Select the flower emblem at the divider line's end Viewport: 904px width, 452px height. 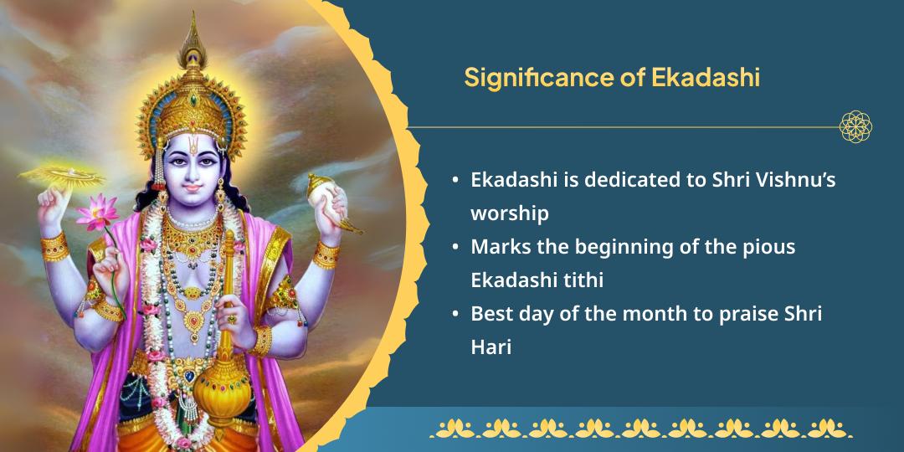point(855,127)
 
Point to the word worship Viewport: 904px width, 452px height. point(510,213)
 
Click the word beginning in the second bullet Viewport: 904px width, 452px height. point(647,247)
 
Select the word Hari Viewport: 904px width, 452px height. point(491,347)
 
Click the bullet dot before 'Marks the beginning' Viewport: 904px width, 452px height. point(455,247)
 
